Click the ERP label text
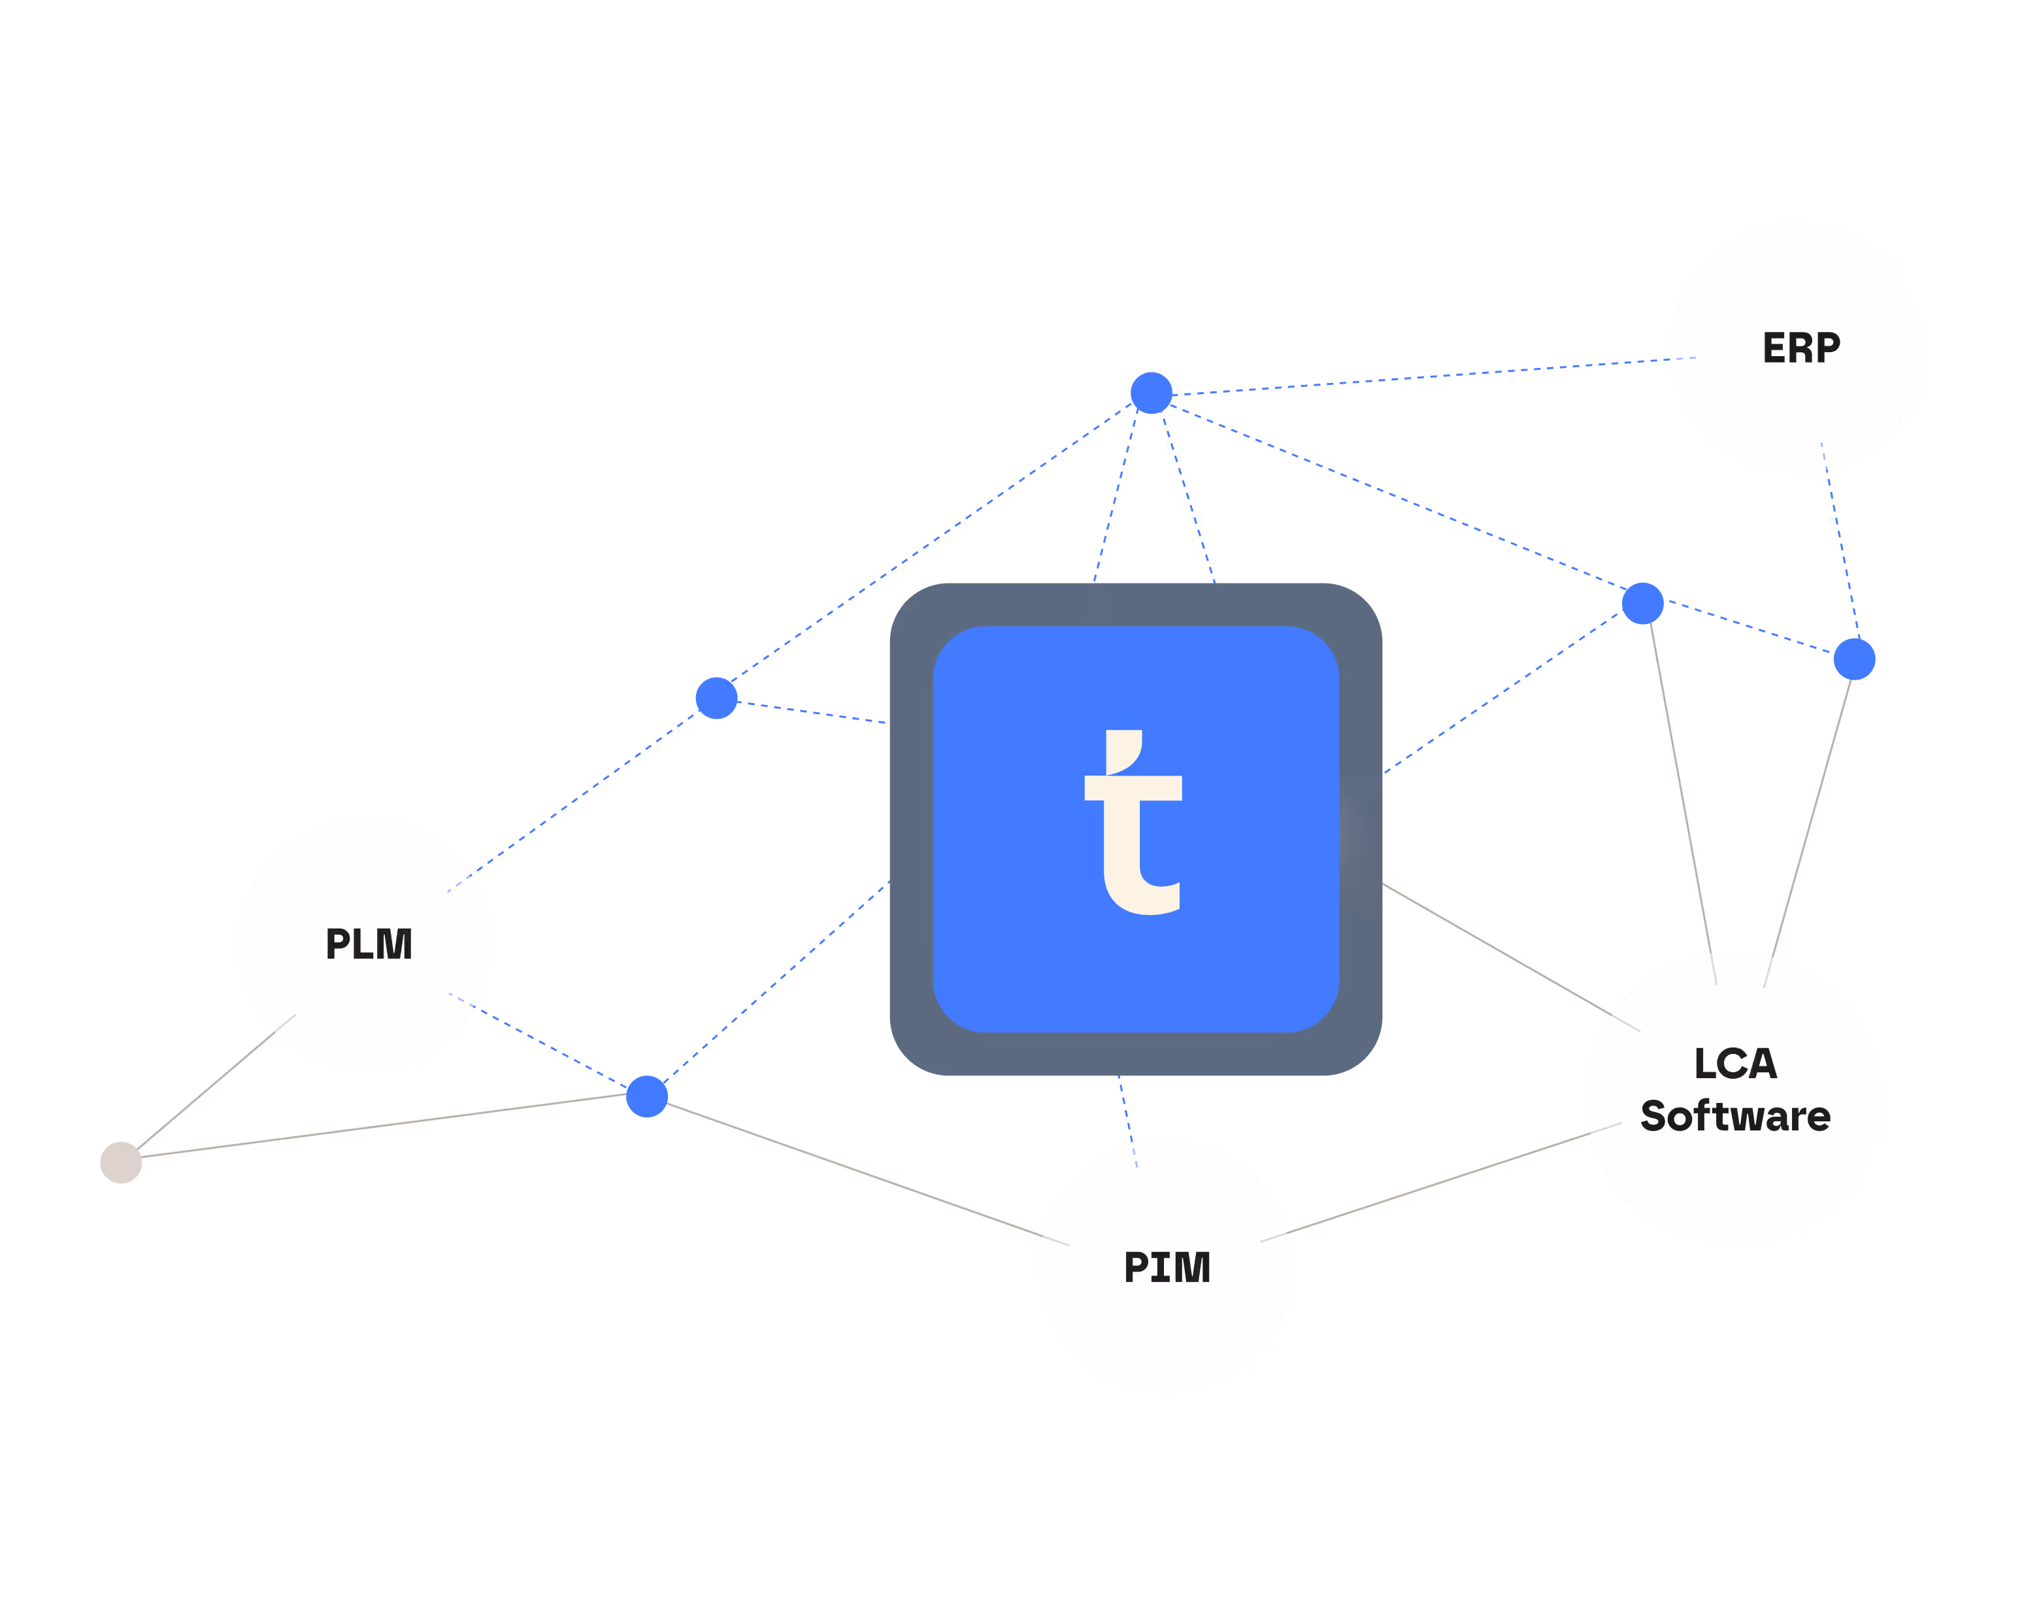coord(1800,348)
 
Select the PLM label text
coord(369,944)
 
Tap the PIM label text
coord(1167,1268)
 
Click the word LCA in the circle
coord(1735,1064)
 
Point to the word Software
coord(1735,1117)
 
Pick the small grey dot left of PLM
coord(121,1163)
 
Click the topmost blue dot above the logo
coord(1152,393)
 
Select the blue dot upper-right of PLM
coord(716,699)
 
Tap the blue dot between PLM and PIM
coord(646,1097)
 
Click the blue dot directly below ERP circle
coord(1854,659)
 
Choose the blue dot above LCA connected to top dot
coord(1642,603)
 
